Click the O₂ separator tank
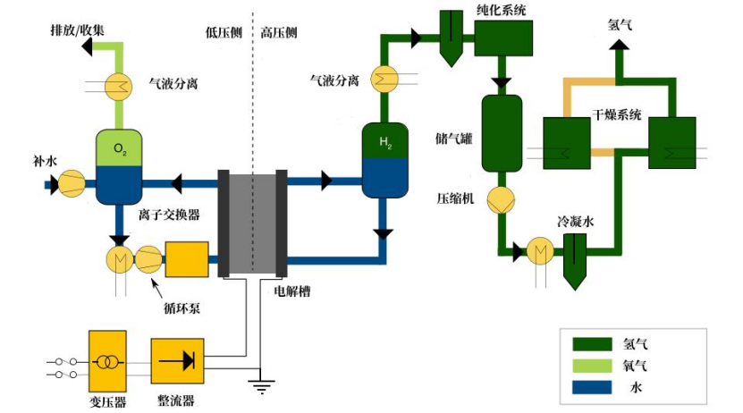[x=119, y=166]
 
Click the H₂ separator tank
[x=384, y=161]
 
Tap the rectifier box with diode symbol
[x=178, y=361]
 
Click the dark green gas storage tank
[x=501, y=132]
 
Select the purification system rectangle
[x=502, y=37]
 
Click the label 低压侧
[x=222, y=32]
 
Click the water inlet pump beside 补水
[x=72, y=184]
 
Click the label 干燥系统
[x=617, y=114]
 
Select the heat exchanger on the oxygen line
[x=118, y=86]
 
